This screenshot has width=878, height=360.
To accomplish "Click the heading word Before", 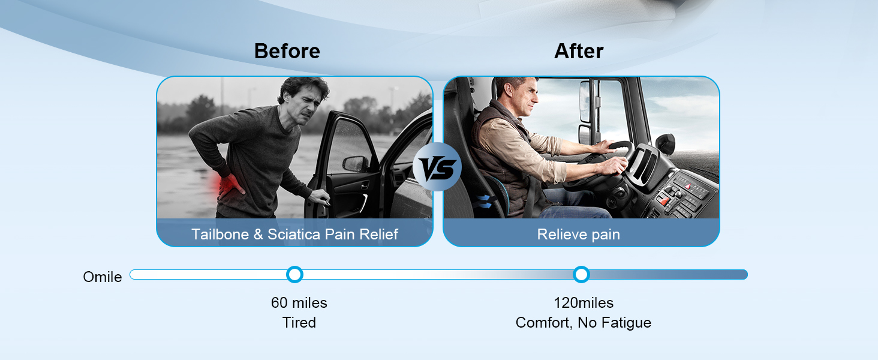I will coord(287,51).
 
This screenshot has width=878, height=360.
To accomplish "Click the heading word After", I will coord(579,51).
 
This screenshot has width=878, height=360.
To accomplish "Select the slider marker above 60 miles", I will coord(294,274).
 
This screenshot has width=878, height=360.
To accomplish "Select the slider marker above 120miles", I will coord(581,274).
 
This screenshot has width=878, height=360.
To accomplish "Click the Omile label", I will coord(103,277).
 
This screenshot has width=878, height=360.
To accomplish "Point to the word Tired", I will coord(299,322).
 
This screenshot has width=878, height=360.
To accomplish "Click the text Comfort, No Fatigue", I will coord(583,322).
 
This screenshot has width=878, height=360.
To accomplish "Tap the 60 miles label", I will coord(299,302).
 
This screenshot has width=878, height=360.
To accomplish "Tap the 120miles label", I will coord(583,302).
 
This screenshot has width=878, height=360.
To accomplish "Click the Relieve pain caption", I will coord(578,234).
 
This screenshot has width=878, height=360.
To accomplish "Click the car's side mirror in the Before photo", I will coord(356,163).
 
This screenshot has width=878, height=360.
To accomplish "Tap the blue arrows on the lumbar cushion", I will coord(484,200).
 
